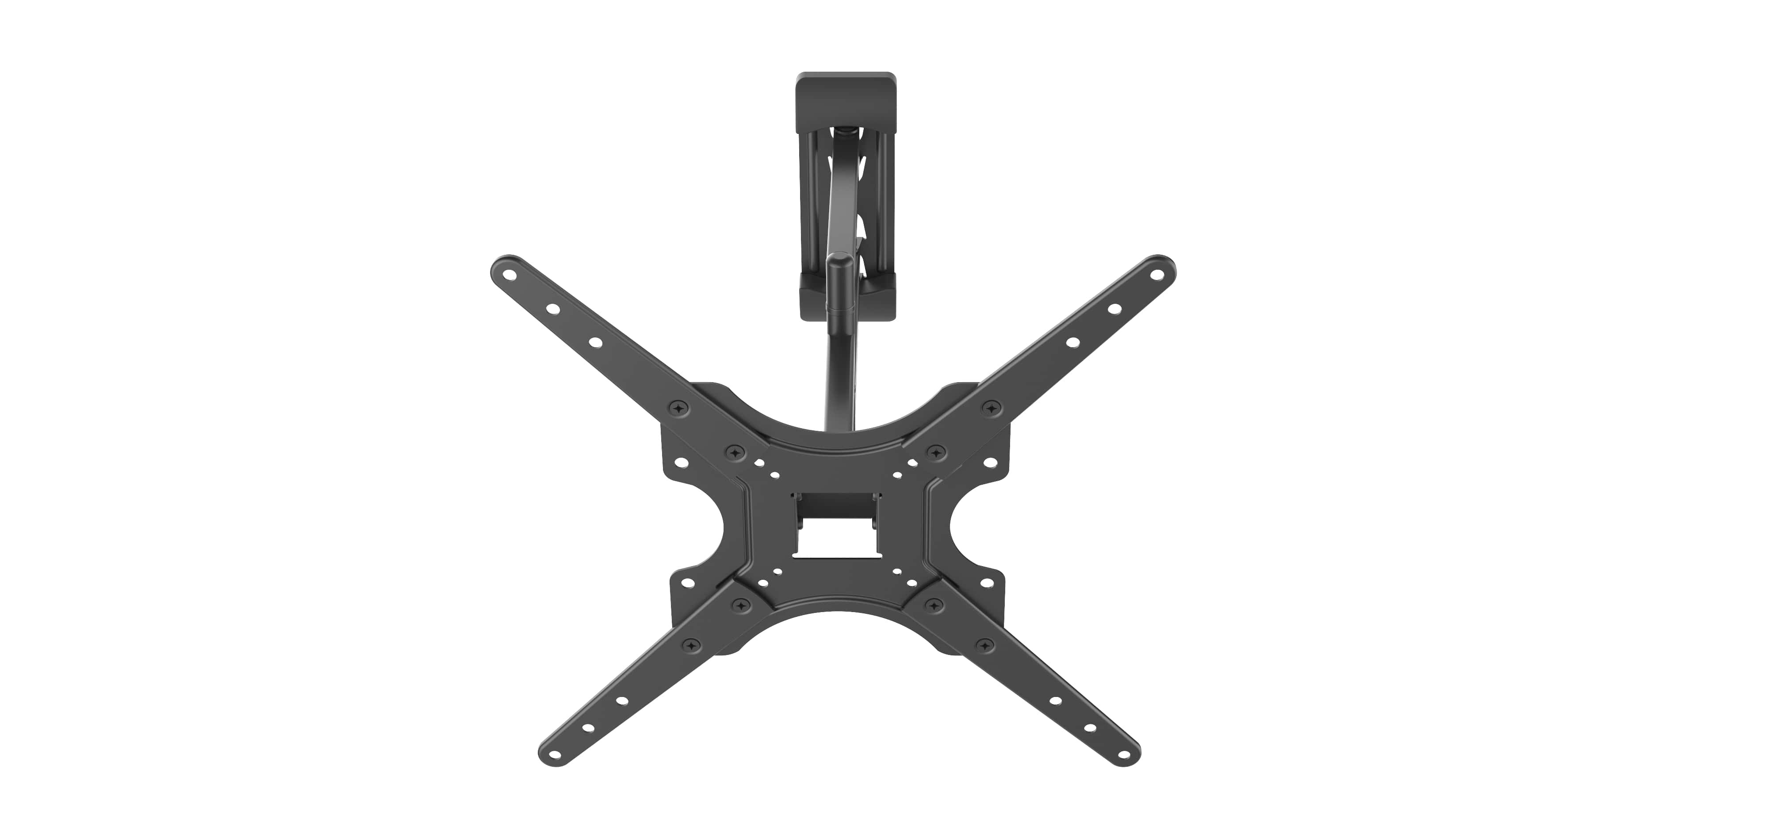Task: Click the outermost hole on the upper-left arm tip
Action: tap(509, 273)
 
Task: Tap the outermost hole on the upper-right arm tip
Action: tap(1157, 273)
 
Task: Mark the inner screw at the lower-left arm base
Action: tap(739, 605)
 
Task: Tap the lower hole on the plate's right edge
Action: tap(985, 582)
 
